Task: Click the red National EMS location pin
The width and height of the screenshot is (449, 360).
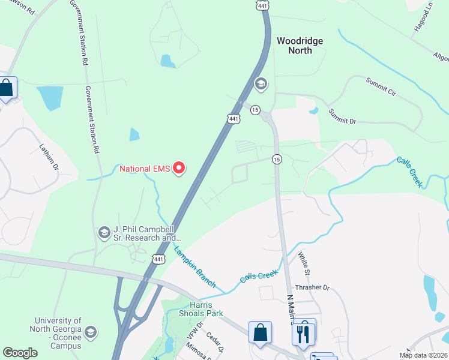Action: click(x=178, y=169)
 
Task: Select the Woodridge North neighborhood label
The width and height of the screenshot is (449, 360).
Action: click(x=300, y=46)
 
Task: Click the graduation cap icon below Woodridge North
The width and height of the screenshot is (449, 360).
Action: click(x=261, y=84)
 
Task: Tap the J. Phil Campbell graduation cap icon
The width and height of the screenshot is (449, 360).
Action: click(x=104, y=232)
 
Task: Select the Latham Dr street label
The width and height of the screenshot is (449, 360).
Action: click(x=50, y=155)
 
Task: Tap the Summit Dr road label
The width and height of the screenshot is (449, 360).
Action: click(x=342, y=116)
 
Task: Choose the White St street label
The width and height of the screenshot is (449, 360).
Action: click(x=303, y=263)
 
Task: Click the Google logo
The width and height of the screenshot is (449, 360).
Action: click(x=20, y=353)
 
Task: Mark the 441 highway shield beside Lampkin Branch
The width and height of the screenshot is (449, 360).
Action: click(x=158, y=259)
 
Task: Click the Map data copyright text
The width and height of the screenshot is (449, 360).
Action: click(x=423, y=355)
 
